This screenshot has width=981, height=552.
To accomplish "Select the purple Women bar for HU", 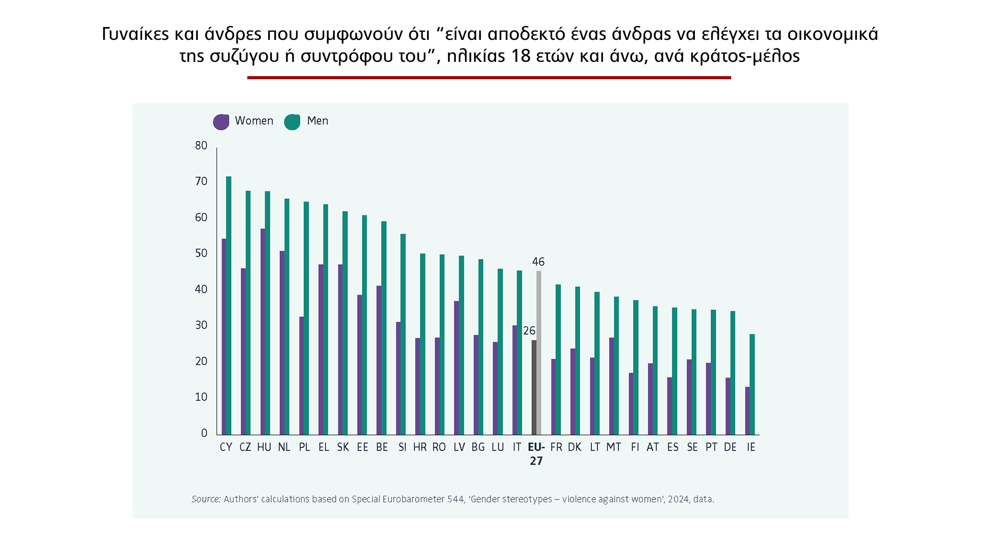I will coord(263,332).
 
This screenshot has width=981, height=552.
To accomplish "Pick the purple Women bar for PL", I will coord(301,376).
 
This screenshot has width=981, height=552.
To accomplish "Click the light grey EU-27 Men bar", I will coord(539,353).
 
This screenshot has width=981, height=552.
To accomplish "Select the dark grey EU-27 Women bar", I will coord(534,387).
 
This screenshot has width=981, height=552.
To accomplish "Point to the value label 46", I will coord(538,262).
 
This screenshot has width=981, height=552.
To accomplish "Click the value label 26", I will coord(529,331).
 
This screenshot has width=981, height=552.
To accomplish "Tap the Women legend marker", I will coord(221,122).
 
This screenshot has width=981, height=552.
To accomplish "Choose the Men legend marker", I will coord(292,122).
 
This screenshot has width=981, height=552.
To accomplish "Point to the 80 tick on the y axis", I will coord(201,146).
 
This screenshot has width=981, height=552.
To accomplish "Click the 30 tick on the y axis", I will coord(201,326).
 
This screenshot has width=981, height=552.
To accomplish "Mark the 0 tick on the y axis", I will coord(204,433).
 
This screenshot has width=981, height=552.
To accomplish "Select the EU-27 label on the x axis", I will coord(536,454).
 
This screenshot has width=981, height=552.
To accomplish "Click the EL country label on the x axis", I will coord(323,447).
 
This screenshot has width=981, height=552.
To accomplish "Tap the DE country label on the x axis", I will coord(730,447).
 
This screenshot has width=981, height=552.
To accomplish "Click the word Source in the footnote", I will coord(206,499).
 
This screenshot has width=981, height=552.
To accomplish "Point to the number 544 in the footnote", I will coord(455,499).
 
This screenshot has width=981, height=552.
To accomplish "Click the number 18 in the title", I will coord(521,56).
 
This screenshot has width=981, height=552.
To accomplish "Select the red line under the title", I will coord(489,78).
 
